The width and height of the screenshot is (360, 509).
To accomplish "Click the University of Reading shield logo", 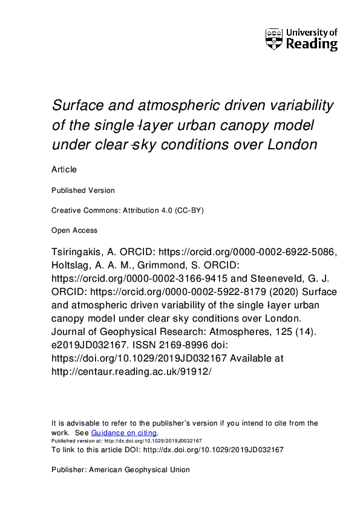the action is pos(273,39).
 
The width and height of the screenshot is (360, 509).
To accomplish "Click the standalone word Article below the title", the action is pos(64,171).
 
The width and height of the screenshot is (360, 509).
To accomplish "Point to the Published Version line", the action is pos(83,190).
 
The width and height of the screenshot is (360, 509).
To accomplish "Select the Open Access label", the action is pos(74,230).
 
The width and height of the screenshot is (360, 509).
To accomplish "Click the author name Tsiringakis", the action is pos(78,253).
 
